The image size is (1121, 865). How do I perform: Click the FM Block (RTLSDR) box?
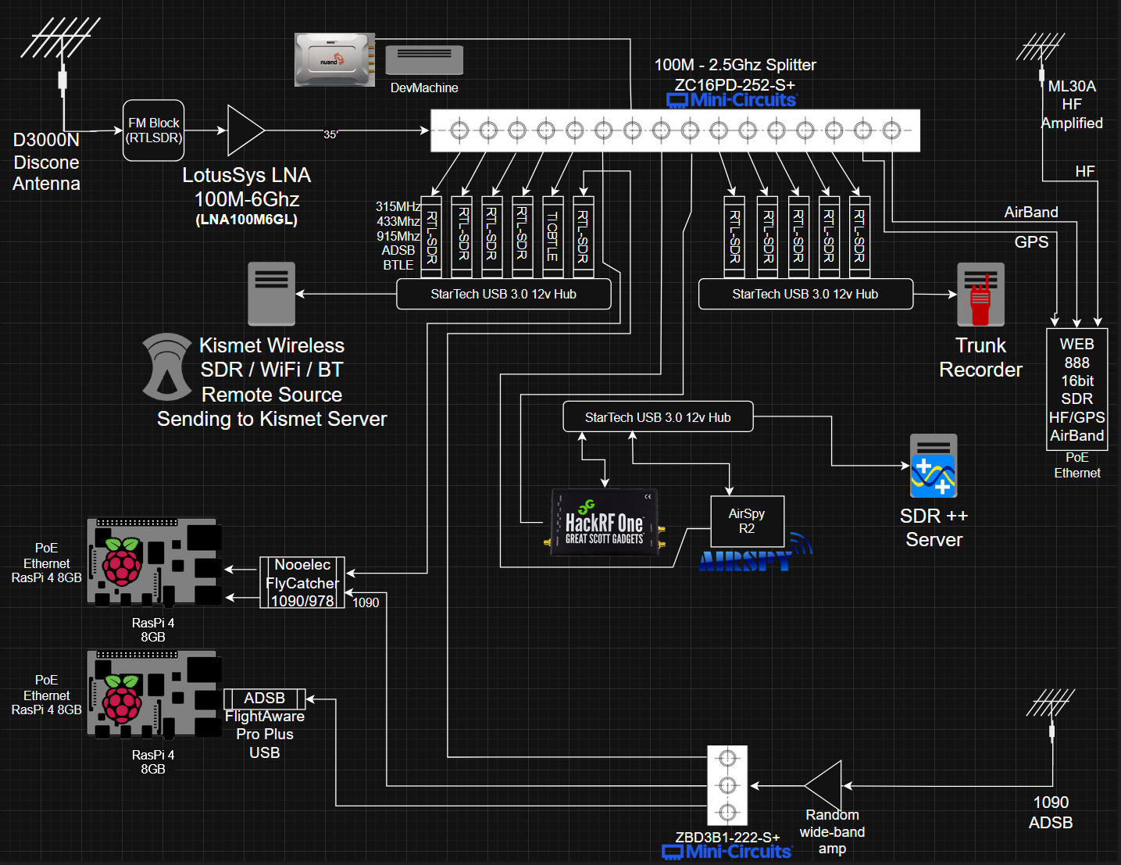[x=154, y=130]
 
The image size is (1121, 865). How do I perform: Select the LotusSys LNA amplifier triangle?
[x=245, y=130]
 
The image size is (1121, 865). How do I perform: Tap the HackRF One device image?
[x=605, y=522]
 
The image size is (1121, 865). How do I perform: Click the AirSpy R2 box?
[x=747, y=521]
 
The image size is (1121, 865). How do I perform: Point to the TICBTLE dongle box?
[x=552, y=236]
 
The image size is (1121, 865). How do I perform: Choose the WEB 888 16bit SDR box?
[x=1076, y=389]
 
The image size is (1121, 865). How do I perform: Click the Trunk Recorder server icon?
[x=980, y=295]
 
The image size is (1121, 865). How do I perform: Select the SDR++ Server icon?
[x=934, y=466]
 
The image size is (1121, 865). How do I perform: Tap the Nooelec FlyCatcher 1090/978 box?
[x=302, y=582]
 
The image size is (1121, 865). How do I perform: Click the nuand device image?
[x=335, y=59]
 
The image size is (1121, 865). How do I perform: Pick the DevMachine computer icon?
[x=424, y=60]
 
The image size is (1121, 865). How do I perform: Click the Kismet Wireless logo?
[x=167, y=367]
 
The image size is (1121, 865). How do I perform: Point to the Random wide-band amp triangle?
[x=823, y=785]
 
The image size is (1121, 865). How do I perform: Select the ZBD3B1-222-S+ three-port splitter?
[x=727, y=785]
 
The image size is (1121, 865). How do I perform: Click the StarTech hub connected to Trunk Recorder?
[x=805, y=294]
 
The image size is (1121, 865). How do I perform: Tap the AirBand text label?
[x=1030, y=212]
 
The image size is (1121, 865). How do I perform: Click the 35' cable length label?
[x=330, y=134]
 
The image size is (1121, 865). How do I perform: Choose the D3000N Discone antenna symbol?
[x=61, y=57]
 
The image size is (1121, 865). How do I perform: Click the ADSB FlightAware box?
[x=265, y=699]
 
